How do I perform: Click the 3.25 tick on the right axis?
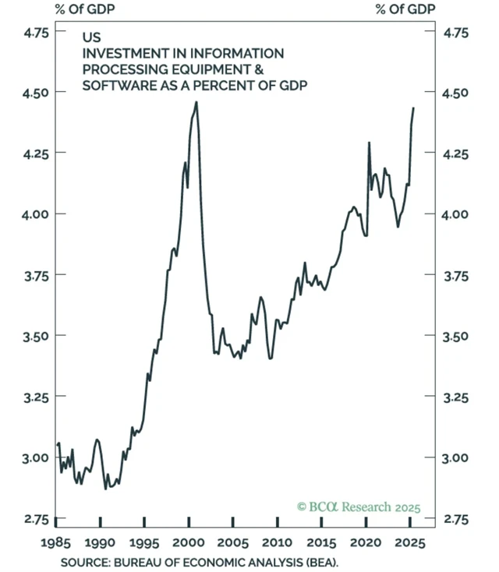click(456, 397)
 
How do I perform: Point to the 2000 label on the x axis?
click(188, 542)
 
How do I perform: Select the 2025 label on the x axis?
click(409, 542)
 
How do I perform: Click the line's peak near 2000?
click(196, 102)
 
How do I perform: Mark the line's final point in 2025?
click(413, 108)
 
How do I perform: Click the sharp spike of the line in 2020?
click(368, 143)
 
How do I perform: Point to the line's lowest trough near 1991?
click(106, 489)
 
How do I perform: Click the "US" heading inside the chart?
click(90, 37)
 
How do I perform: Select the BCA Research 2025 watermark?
click(358, 507)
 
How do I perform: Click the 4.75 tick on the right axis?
click(456, 33)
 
